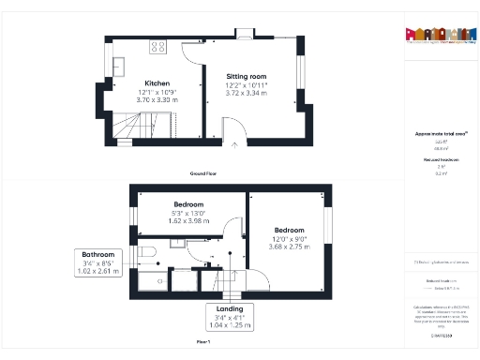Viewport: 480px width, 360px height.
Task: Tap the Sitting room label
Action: (x=247, y=76)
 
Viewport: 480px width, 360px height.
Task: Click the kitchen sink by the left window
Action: (x=121, y=65)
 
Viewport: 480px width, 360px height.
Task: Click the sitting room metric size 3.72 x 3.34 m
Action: (x=247, y=93)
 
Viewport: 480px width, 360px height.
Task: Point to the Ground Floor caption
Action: (x=203, y=174)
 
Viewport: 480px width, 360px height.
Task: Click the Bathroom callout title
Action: (x=98, y=255)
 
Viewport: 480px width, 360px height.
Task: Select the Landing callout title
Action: (x=229, y=308)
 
